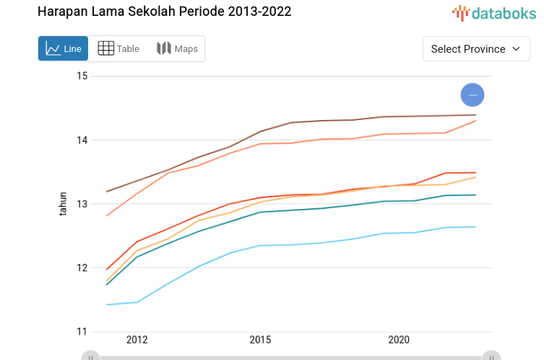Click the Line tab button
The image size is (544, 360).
(x=63, y=49)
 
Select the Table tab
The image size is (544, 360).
(x=118, y=49)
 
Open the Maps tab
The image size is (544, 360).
(x=177, y=49)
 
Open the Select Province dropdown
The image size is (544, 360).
(x=476, y=49)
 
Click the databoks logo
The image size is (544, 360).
(x=494, y=12)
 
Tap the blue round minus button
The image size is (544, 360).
(x=472, y=95)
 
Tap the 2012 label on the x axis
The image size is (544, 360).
(x=137, y=340)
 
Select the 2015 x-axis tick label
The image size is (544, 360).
(x=260, y=340)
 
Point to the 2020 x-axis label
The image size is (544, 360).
(x=399, y=340)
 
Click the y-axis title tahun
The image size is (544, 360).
(x=63, y=204)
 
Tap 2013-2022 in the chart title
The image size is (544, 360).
(x=257, y=12)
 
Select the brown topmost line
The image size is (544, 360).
(x=289, y=122)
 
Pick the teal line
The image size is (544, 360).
(x=289, y=210)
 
